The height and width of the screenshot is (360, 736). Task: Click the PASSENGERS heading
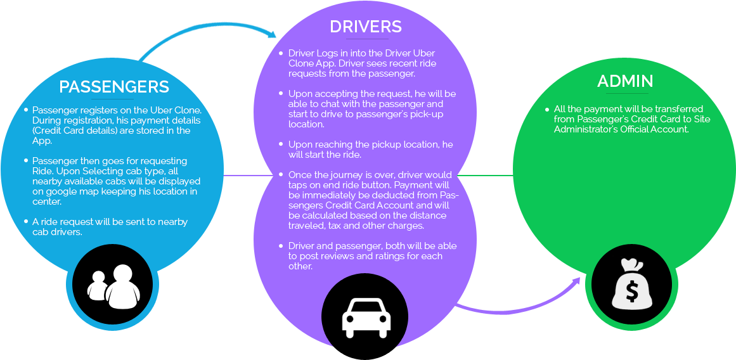click(x=114, y=87)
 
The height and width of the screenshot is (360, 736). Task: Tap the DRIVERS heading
click(x=366, y=27)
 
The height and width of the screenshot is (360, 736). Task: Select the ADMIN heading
click(x=625, y=81)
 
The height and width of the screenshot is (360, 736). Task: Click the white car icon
click(x=366, y=317)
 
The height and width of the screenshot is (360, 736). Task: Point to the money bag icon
click(x=631, y=286)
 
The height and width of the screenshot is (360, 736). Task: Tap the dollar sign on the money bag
click(x=631, y=291)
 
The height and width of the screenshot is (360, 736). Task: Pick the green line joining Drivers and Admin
click(x=485, y=176)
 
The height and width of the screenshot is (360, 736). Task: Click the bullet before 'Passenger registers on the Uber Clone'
click(x=26, y=110)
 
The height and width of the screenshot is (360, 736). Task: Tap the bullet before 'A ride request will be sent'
click(x=26, y=222)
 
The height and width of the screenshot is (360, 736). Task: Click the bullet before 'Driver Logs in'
click(x=281, y=53)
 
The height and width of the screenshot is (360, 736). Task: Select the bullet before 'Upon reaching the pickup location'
click(x=281, y=145)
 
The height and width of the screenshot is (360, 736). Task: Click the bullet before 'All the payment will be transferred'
click(x=547, y=109)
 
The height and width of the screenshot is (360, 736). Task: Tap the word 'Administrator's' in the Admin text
click(x=586, y=129)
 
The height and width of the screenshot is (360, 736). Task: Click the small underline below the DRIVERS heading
click(x=366, y=39)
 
